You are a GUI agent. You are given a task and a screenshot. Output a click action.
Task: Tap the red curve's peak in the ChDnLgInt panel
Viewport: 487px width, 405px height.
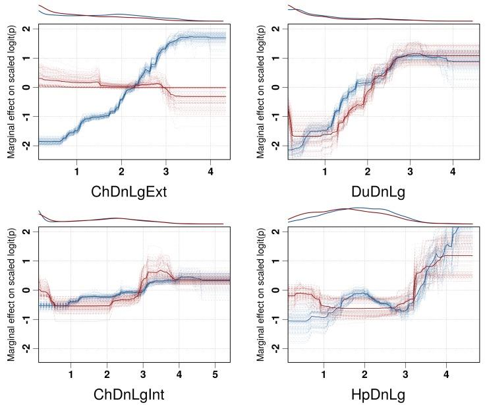coord(153,270)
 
